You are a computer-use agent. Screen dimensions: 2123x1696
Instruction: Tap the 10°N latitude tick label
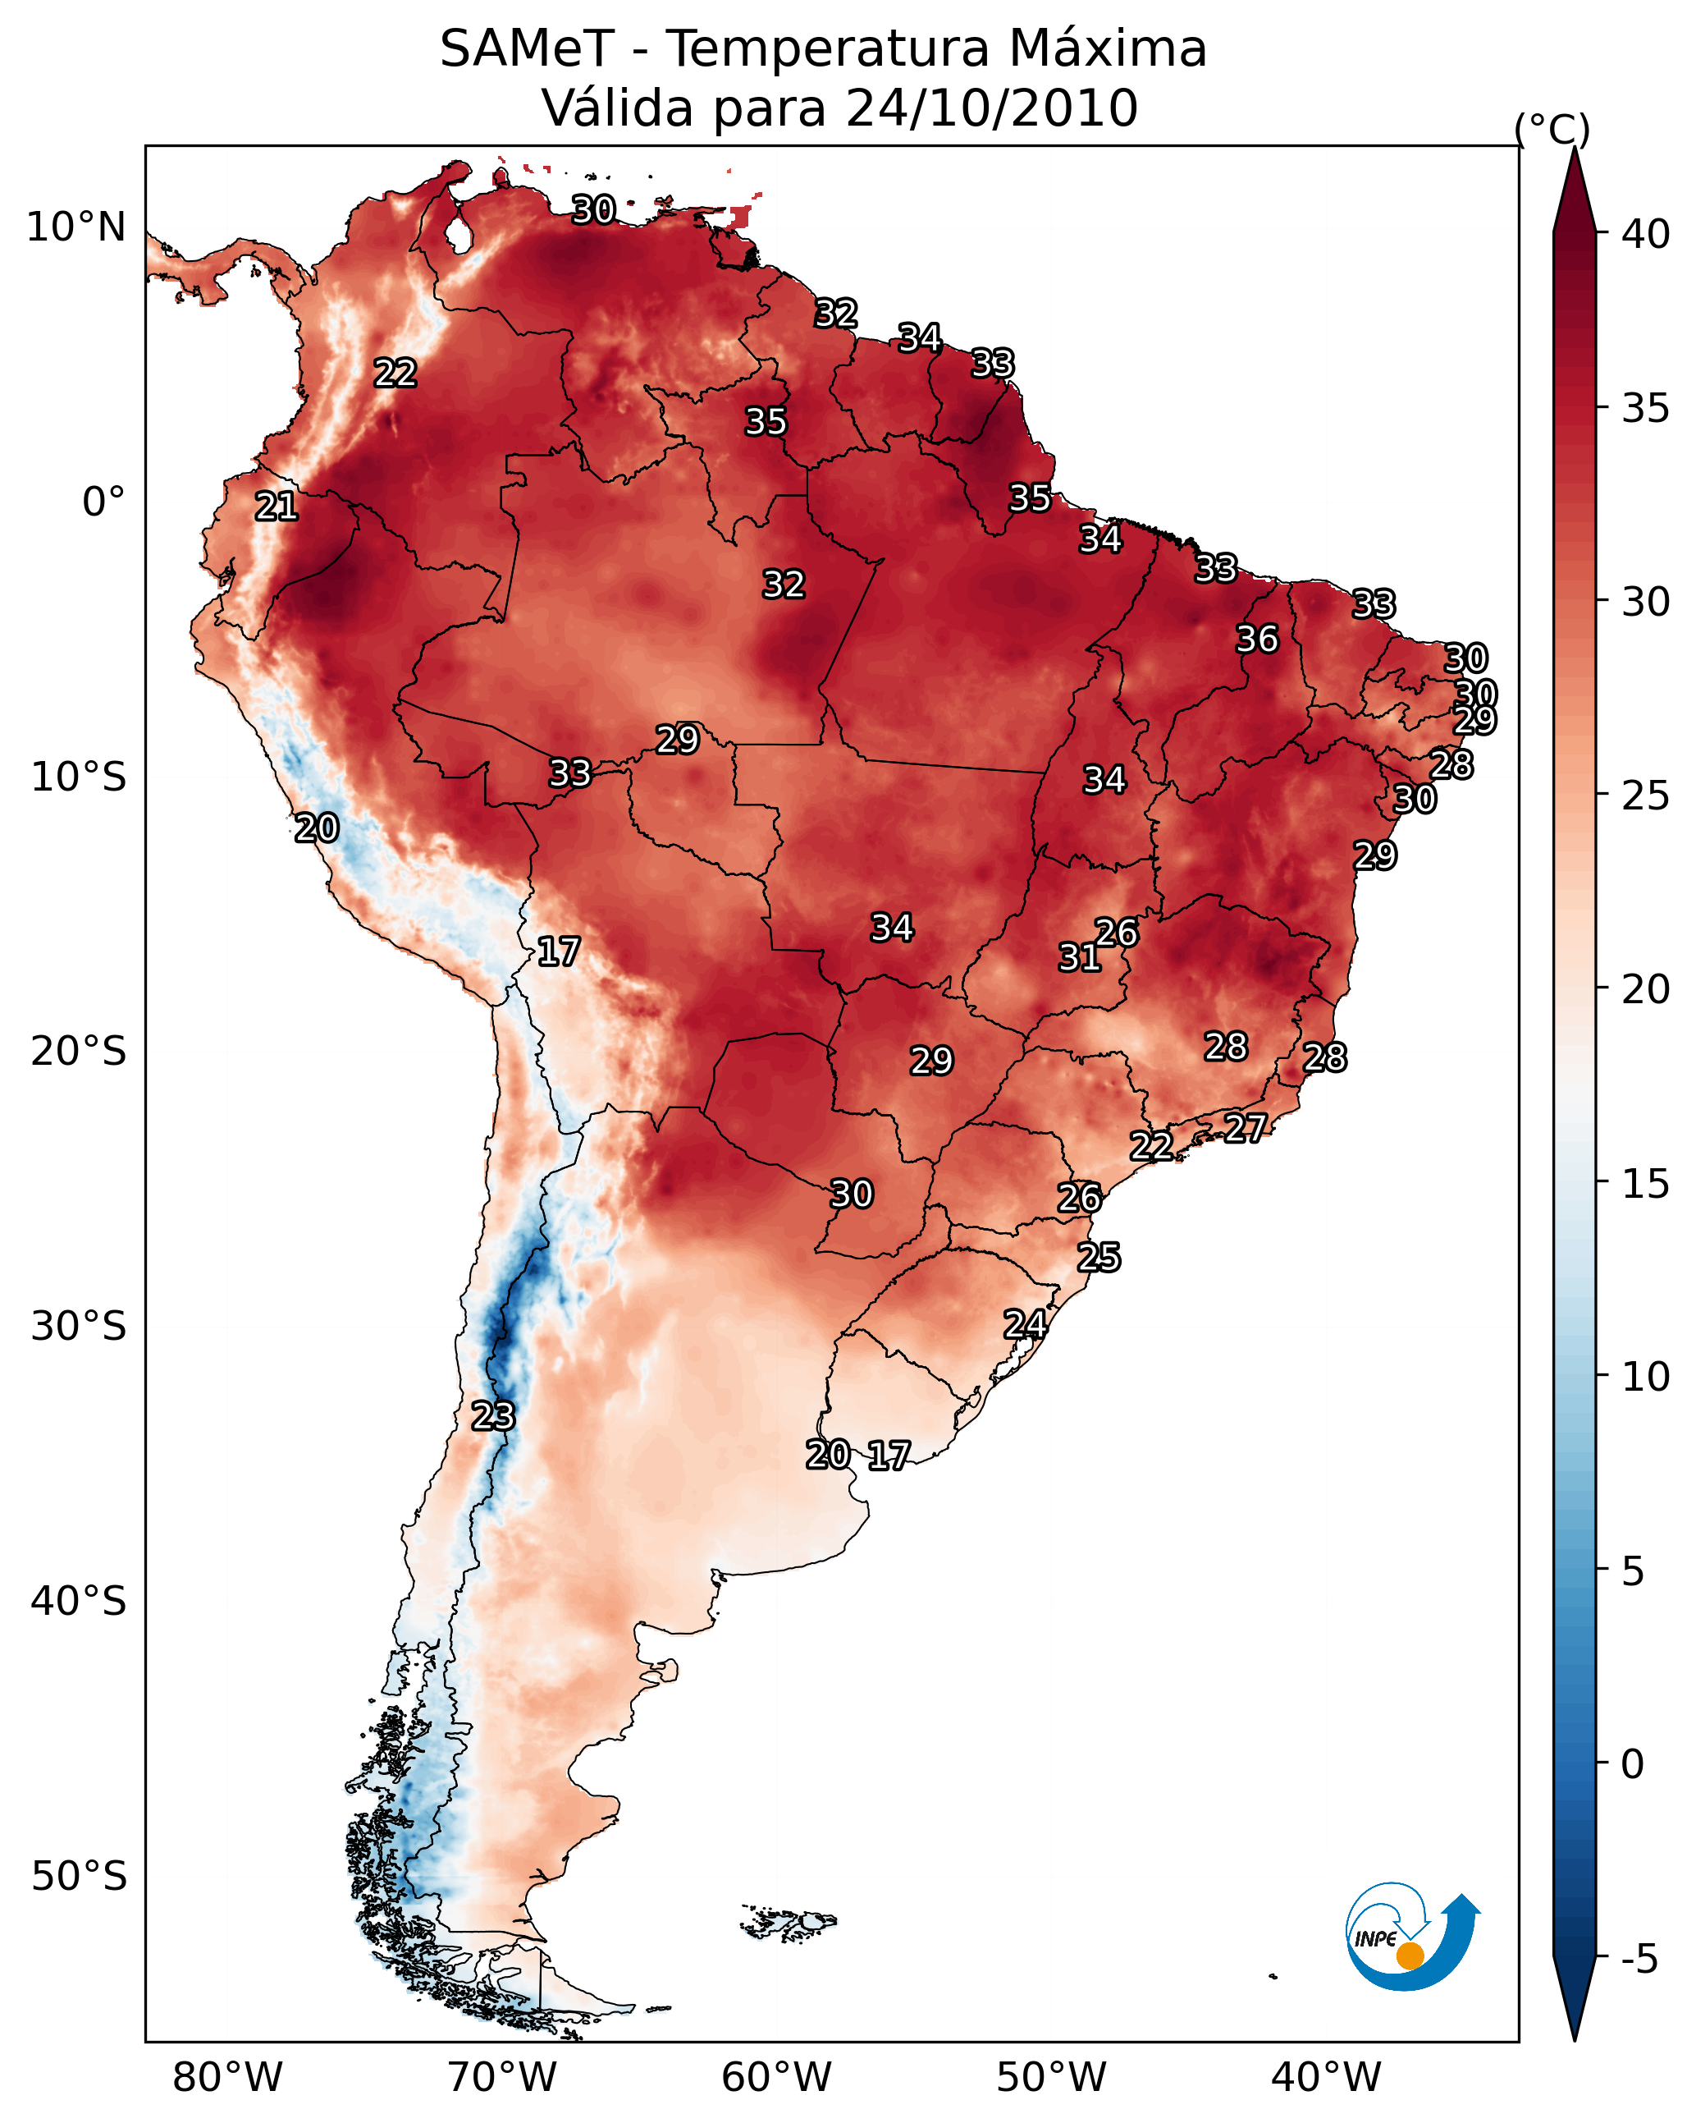[x=75, y=227]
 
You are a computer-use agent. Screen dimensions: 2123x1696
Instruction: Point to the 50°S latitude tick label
[x=79, y=1876]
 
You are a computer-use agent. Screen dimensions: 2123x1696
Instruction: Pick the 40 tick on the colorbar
[x=1645, y=234]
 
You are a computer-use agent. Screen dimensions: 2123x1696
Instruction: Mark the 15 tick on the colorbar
[x=1645, y=1184]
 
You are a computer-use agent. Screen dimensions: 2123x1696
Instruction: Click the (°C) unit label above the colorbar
[x=1552, y=129]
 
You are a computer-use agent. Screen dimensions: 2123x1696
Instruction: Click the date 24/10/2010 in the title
[x=991, y=108]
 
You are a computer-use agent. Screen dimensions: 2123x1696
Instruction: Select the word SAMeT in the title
[x=527, y=49]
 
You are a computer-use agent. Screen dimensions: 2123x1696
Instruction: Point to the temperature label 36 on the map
[x=1257, y=639]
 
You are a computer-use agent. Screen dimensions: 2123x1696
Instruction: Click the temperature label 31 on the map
[x=1079, y=957]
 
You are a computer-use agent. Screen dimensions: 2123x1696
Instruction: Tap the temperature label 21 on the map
[x=277, y=507]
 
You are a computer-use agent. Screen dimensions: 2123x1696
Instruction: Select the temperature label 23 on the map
[x=492, y=1416]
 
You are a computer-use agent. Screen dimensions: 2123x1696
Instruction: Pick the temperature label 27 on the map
[x=1246, y=1127]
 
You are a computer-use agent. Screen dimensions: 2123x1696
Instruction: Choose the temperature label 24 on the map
[x=1025, y=1324]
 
